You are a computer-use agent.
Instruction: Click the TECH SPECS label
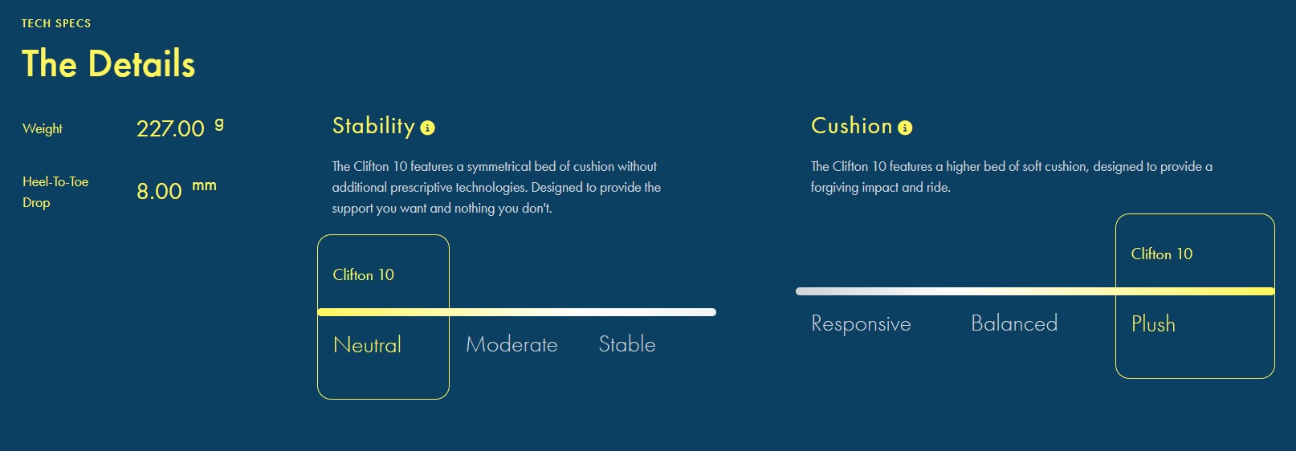tap(56, 24)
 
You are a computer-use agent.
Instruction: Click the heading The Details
tap(108, 63)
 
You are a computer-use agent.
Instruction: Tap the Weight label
tap(43, 128)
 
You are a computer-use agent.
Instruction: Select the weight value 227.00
tap(170, 128)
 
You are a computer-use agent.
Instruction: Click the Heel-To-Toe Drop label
tap(55, 192)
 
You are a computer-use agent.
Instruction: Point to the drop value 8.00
tap(159, 191)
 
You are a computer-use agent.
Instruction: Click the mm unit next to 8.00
tap(204, 185)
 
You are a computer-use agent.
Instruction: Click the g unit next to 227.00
tap(218, 124)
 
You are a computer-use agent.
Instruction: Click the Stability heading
tap(373, 126)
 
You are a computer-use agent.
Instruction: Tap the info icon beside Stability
tap(427, 128)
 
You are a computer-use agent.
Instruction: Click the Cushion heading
tap(852, 126)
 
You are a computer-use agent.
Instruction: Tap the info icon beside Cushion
tap(905, 128)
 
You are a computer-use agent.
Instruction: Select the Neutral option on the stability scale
tap(368, 345)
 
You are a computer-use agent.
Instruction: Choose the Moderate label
tap(511, 344)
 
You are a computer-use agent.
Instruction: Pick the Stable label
tap(627, 344)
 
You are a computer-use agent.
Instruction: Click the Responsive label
tap(861, 323)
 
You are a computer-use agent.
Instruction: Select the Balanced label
tap(1014, 323)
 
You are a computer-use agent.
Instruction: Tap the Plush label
tap(1153, 323)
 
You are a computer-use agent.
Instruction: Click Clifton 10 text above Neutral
tap(363, 274)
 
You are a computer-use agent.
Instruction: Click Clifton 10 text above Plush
tap(1162, 254)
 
